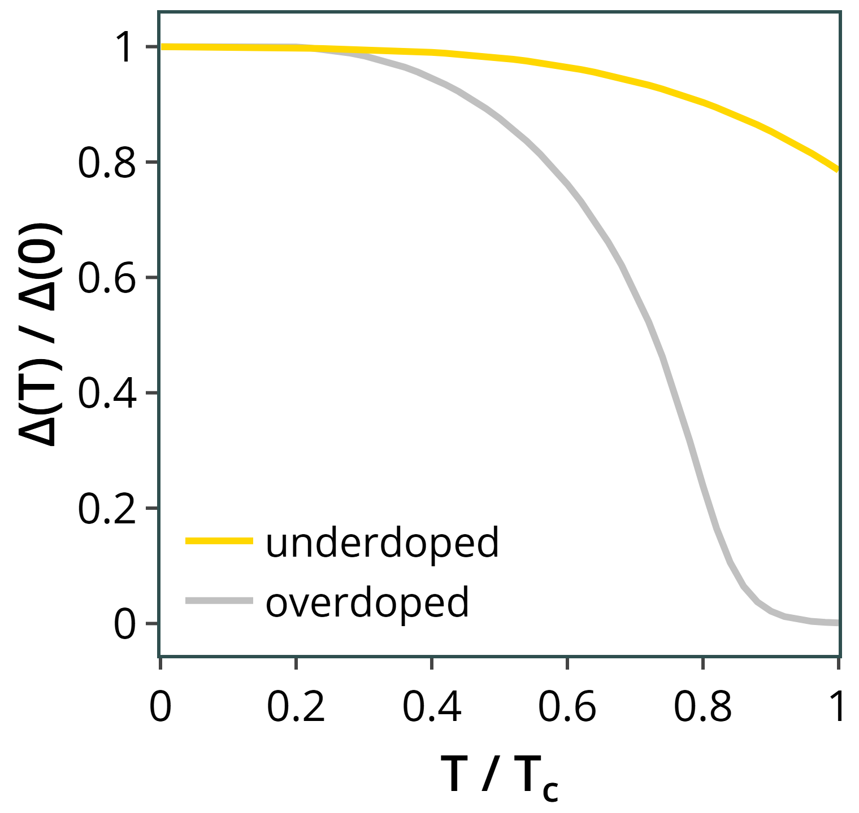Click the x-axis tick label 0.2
(296, 707)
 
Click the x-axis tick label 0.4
(431, 707)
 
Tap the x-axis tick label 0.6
(567, 707)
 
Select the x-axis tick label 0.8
(702, 707)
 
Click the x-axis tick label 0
(160, 707)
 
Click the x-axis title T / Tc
(500, 777)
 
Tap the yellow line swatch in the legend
(219, 541)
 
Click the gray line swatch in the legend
(219, 601)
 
